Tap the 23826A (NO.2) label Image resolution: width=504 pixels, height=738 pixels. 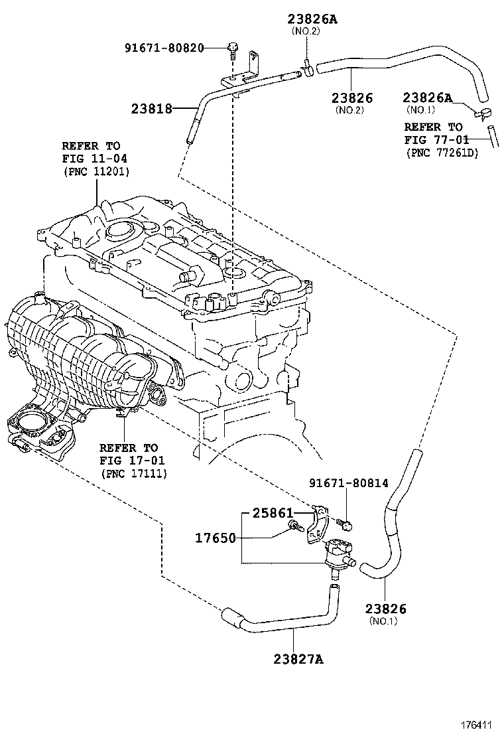(x=312, y=19)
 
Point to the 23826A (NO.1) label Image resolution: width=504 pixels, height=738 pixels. (x=427, y=98)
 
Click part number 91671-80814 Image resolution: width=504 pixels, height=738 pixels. (x=349, y=484)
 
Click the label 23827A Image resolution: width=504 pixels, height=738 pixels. (x=297, y=658)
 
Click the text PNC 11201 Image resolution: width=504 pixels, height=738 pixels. (x=96, y=171)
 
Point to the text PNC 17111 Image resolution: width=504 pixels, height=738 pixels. (x=133, y=473)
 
